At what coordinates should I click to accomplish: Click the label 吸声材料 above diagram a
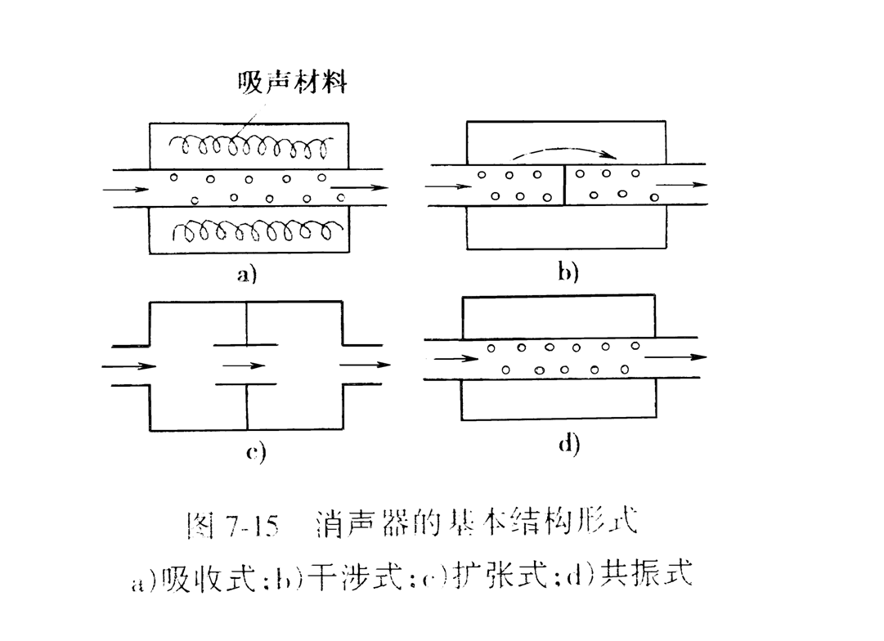(292, 83)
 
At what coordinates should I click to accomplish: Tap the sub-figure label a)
(247, 275)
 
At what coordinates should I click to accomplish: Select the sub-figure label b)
(568, 272)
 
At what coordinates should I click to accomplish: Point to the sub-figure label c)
(256, 452)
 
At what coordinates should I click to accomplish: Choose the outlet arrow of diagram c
(365, 365)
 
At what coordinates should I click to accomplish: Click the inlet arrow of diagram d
(456, 357)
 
